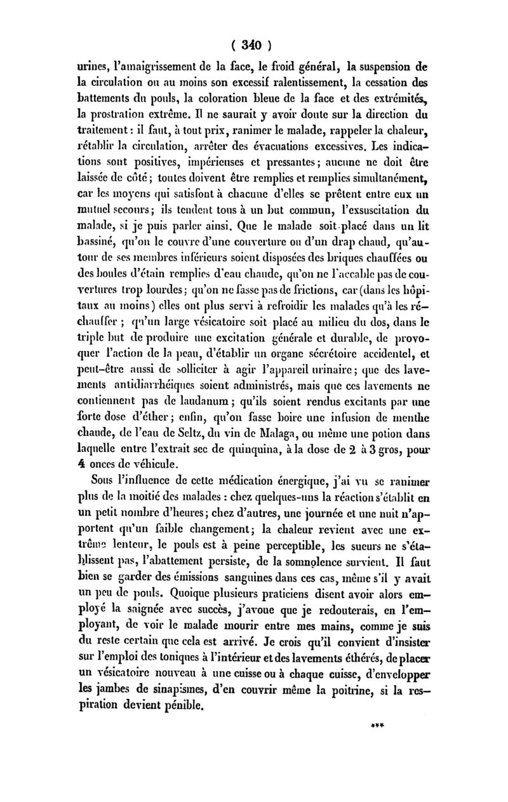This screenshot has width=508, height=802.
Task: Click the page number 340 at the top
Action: pyautogui.click(x=252, y=46)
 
